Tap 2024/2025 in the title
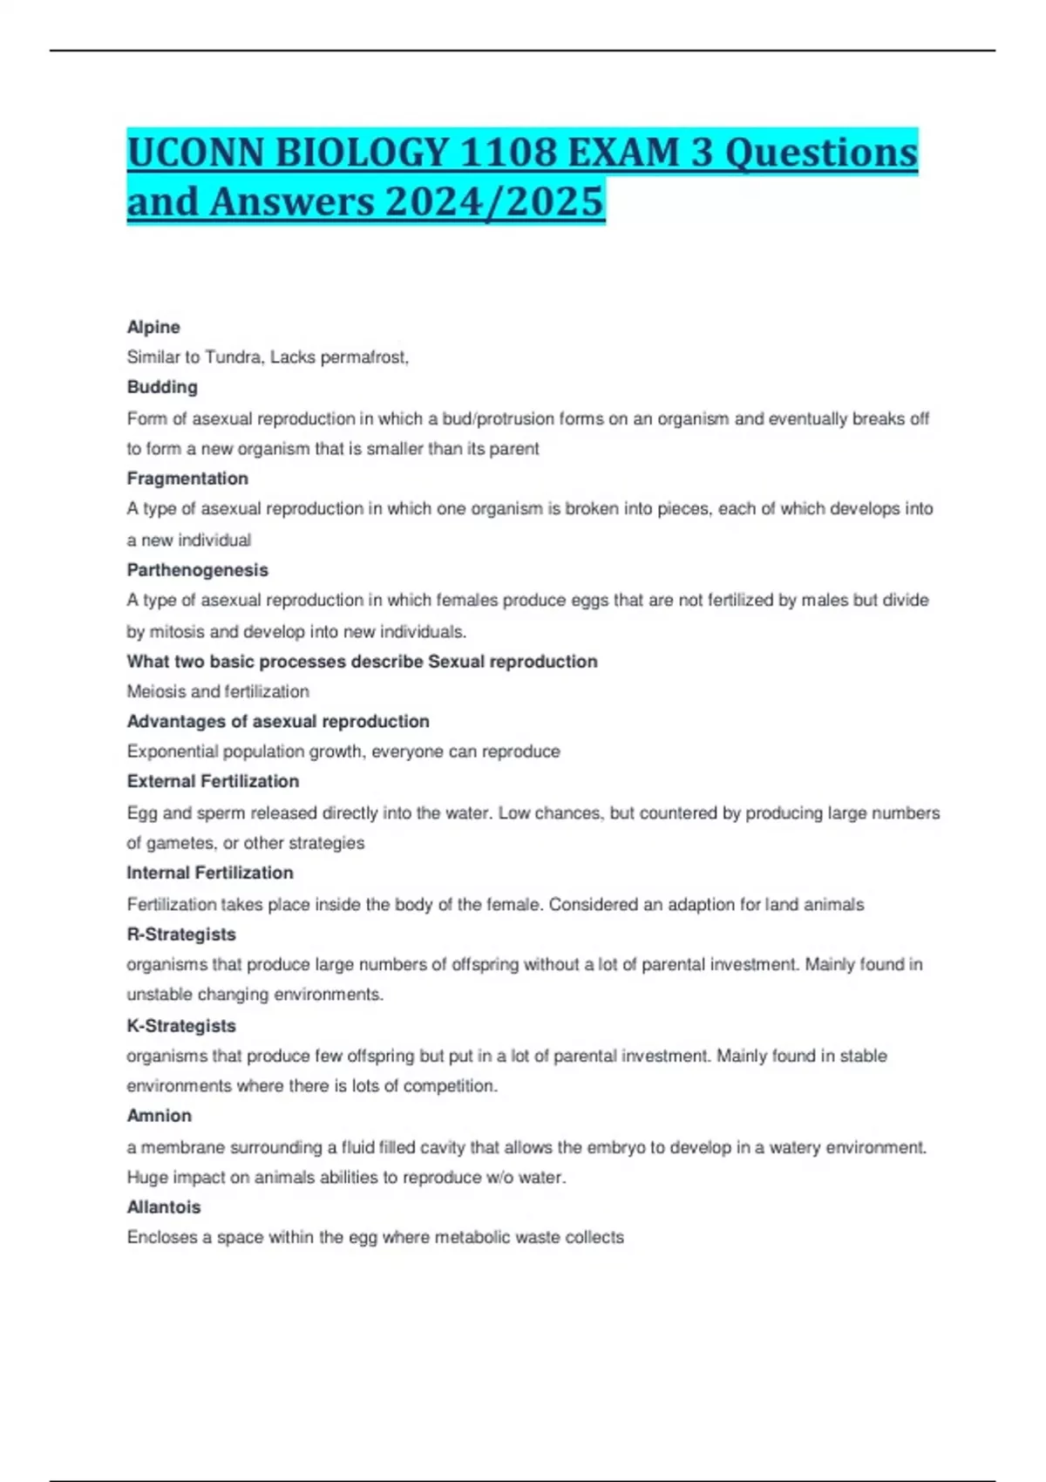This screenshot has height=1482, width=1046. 493,202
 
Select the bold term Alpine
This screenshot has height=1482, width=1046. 153,327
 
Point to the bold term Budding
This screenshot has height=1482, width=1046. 162,387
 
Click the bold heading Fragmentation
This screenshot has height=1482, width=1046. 187,479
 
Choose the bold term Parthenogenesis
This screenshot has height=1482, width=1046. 197,570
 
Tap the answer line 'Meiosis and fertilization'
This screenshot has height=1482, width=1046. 218,691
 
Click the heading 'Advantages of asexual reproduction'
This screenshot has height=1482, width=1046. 278,722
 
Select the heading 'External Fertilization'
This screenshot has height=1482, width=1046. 213,781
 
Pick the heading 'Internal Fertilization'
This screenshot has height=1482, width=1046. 210,873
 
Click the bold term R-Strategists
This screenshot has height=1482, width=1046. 181,935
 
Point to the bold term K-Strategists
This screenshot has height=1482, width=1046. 181,1026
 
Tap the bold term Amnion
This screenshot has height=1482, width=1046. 160,1116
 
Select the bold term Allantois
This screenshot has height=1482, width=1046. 164,1207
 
